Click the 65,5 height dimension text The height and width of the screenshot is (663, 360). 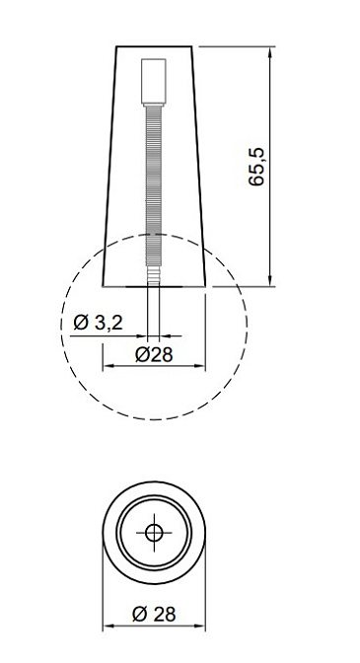(256, 167)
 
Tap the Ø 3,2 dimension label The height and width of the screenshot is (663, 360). (98, 323)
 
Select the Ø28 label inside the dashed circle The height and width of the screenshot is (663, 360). (154, 355)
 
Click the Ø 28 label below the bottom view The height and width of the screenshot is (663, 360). (154, 614)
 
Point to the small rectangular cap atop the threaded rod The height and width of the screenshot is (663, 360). (154, 81)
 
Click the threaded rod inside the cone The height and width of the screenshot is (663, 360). (154, 185)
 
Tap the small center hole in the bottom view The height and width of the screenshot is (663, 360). (154, 533)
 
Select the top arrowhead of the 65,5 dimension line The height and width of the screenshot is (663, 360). (270, 51)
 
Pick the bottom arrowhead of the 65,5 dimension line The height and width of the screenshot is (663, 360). (270, 281)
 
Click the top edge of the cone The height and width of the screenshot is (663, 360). (154, 46)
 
